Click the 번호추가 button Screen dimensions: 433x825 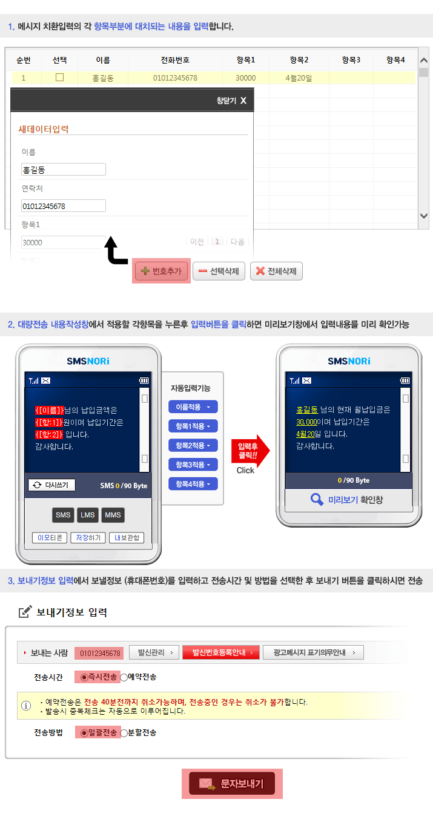tap(161, 271)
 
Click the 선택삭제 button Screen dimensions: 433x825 tap(219, 271)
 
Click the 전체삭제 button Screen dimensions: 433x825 tap(276, 271)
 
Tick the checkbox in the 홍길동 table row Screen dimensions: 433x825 tap(59, 78)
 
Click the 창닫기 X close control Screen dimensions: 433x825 tap(231, 101)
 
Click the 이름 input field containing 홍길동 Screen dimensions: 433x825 tap(64, 170)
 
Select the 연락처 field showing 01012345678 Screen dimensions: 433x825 tap(64, 206)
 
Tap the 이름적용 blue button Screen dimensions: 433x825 tap(193, 407)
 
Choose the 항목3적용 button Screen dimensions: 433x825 tap(193, 465)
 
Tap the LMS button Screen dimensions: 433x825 tap(88, 515)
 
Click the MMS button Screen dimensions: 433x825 tap(113, 515)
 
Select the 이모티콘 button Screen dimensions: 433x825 tap(50, 538)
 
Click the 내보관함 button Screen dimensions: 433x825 tap(127, 538)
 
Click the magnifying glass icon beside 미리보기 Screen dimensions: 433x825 tap(317, 499)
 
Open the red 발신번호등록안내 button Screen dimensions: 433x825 tap(221, 652)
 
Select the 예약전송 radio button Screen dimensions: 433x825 tap(124, 677)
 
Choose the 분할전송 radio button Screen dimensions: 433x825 tap(124, 733)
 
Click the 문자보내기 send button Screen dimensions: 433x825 tap(232, 783)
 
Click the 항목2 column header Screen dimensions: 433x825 tap(299, 60)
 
